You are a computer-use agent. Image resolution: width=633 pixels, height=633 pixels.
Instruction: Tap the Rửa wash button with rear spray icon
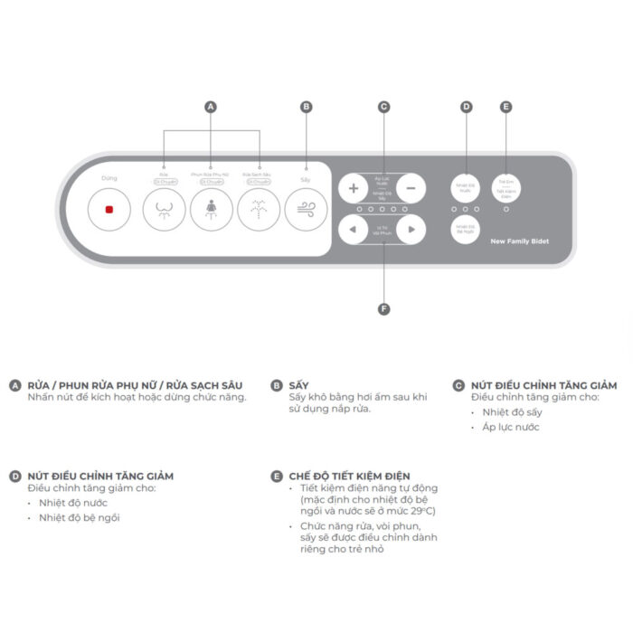[x=164, y=210]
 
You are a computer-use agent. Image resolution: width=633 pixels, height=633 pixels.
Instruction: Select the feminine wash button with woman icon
[x=212, y=210]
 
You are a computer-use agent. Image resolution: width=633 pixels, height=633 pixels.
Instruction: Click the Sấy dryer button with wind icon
[x=306, y=210]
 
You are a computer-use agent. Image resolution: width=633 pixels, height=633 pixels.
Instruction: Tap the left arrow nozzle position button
[x=354, y=231]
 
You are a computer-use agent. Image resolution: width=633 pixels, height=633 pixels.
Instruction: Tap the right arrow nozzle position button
[x=411, y=231]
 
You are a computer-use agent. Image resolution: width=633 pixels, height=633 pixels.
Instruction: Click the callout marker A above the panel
[x=212, y=107]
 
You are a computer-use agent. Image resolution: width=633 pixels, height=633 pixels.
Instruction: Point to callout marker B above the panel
[x=306, y=107]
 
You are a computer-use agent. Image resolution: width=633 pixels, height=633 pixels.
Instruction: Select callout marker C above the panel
[x=383, y=107]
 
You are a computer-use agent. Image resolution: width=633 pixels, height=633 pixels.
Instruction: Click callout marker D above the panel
[x=467, y=107]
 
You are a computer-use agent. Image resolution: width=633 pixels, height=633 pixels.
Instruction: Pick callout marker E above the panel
[x=505, y=107]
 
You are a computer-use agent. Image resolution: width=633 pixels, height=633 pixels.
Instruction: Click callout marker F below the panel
[x=383, y=309]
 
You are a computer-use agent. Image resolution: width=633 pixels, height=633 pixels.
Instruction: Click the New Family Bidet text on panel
[x=519, y=241]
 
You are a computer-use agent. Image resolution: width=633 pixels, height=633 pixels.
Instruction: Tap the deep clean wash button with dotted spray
[x=259, y=210]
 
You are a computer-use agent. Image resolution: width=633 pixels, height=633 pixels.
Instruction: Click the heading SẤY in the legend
[x=298, y=385]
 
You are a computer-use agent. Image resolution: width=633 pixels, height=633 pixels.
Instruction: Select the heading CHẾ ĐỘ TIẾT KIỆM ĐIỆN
[x=349, y=476]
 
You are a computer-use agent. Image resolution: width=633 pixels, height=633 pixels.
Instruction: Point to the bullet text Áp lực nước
[x=511, y=427]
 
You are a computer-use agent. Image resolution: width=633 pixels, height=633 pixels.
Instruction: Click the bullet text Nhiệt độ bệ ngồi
[x=79, y=517]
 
